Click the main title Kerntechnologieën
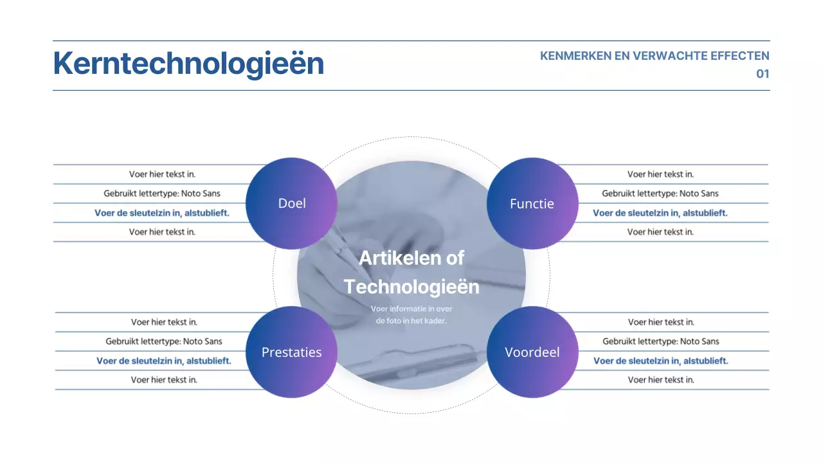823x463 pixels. [x=188, y=64]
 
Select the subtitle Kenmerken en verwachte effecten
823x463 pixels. [x=655, y=56]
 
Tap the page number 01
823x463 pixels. [x=762, y=74]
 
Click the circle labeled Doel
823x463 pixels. [x=291, y=203]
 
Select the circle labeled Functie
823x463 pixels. [x=532, y=203]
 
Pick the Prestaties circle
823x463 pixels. [x=291, y=352]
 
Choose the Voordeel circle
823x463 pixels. [x=532, y=352]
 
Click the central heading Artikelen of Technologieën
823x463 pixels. [x=411, y=272]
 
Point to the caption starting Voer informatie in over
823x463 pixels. [x=411, y=314]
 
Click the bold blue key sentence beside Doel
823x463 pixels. [x=162, y=213]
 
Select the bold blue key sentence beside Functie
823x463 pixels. [x=660, y=213]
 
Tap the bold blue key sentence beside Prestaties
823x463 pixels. [x=164, y=361]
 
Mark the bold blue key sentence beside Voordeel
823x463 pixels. [x=661, y=361]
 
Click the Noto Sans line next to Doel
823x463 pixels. [x=162, y=194]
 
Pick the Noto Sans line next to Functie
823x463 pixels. [x=660, y=194]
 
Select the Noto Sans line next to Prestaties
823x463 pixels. [x=164, y=341]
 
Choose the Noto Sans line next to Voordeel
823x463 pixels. [x=661, y=341]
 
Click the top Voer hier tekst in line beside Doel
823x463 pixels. [x=162, y=174]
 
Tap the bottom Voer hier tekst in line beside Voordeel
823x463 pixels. [x=661, y=380]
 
